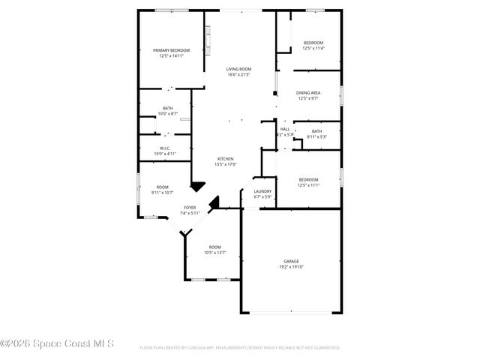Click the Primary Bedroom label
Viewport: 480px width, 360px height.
(171, 50)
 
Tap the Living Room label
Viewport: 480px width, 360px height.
(238, 70)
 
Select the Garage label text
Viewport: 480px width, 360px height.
(292, 261)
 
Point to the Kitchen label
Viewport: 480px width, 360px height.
(226, 159)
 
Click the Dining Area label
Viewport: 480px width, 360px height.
(308, 93)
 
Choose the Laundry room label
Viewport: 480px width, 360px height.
(262, 191)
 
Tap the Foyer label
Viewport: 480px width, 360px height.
(190, 208)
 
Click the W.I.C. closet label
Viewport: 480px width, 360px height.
(165, 148)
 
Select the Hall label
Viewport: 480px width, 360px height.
(285, 130)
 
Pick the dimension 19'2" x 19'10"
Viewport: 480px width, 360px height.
(292, 266)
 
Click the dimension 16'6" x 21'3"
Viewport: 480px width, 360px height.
(238, 75)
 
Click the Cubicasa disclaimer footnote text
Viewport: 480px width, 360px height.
(239, 348)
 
